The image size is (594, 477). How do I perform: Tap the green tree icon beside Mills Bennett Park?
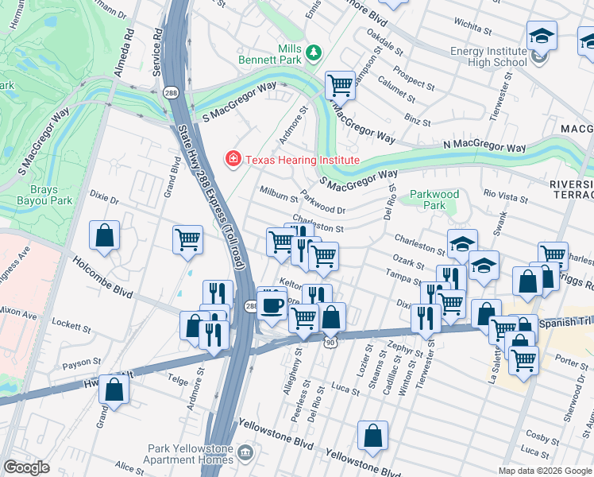click(314, 52)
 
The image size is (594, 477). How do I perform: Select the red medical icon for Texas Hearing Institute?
click(233, 160)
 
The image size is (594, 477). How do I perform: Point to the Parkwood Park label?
click(434, 200)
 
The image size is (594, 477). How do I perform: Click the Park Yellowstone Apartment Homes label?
click(188, 454)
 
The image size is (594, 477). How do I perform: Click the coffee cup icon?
click(272, 305)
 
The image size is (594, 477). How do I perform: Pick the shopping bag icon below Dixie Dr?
click(105, 235)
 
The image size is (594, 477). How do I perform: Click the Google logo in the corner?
click(27, 467)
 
